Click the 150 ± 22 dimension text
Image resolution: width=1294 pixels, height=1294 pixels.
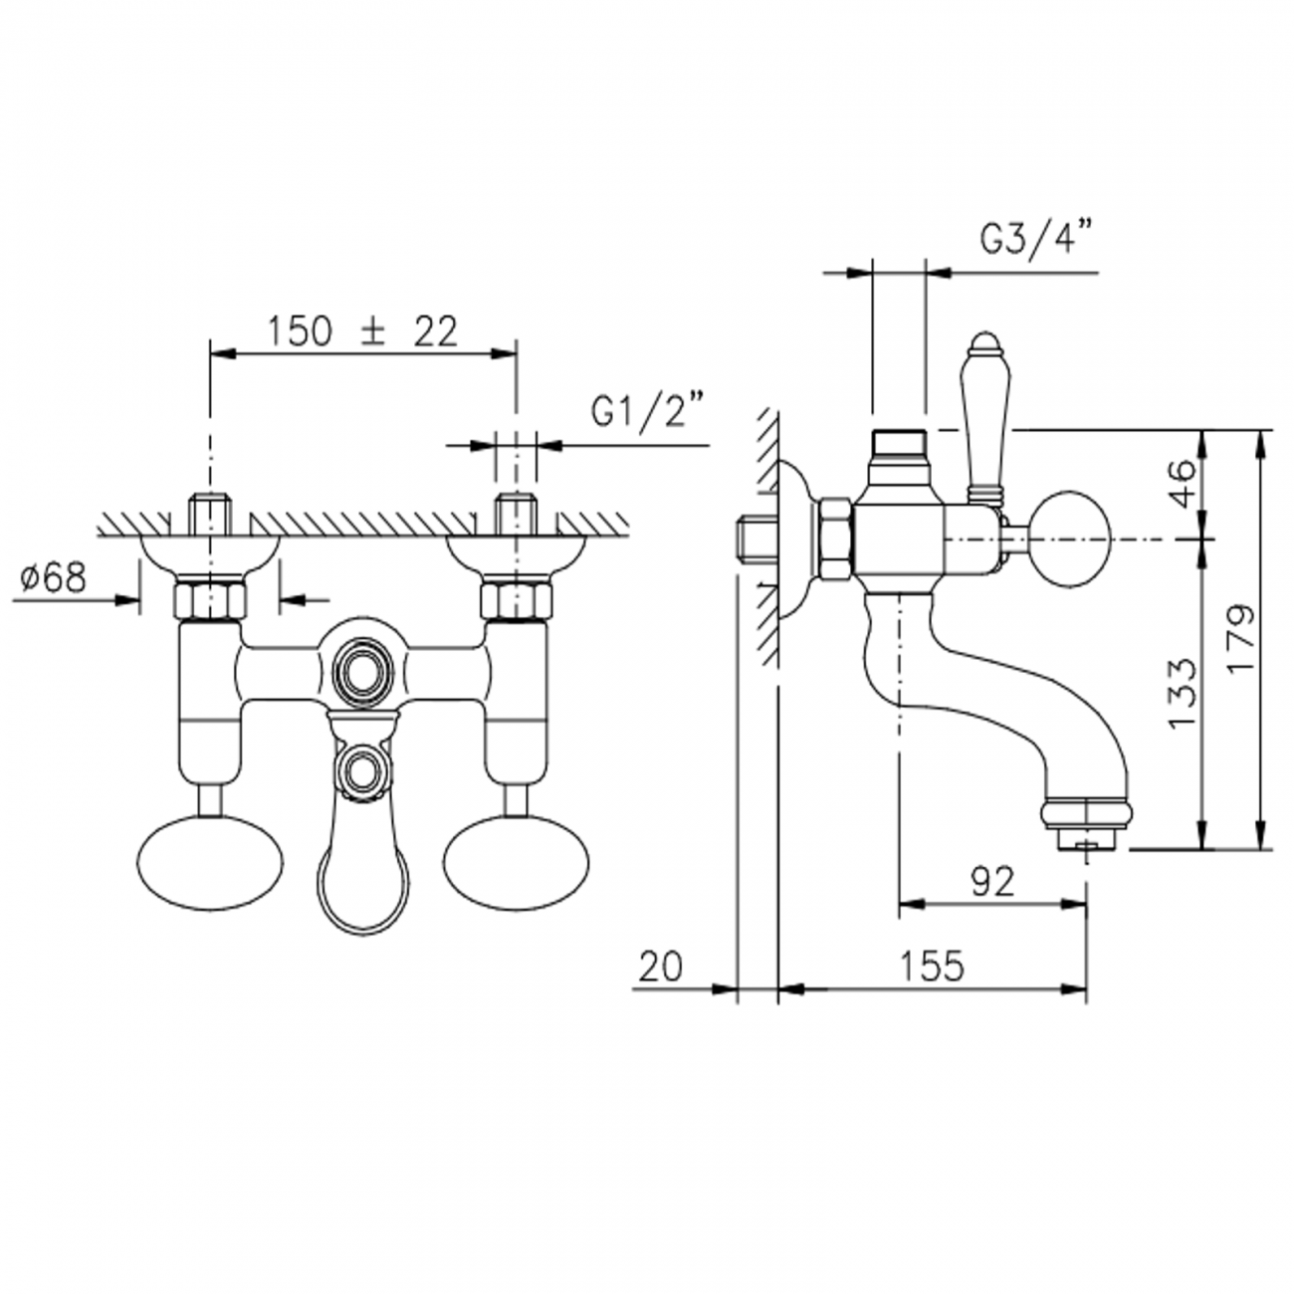(x=362, y=330)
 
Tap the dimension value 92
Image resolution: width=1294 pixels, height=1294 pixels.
(x=990, y=881)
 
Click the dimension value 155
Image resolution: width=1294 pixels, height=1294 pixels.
(x=933, y=966)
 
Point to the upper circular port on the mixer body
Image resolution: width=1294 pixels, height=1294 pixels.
(x=362, y=666)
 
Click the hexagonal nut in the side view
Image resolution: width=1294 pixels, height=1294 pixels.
(x=834, y=539)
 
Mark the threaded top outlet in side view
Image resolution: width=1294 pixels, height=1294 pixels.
(x=899, y=442)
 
